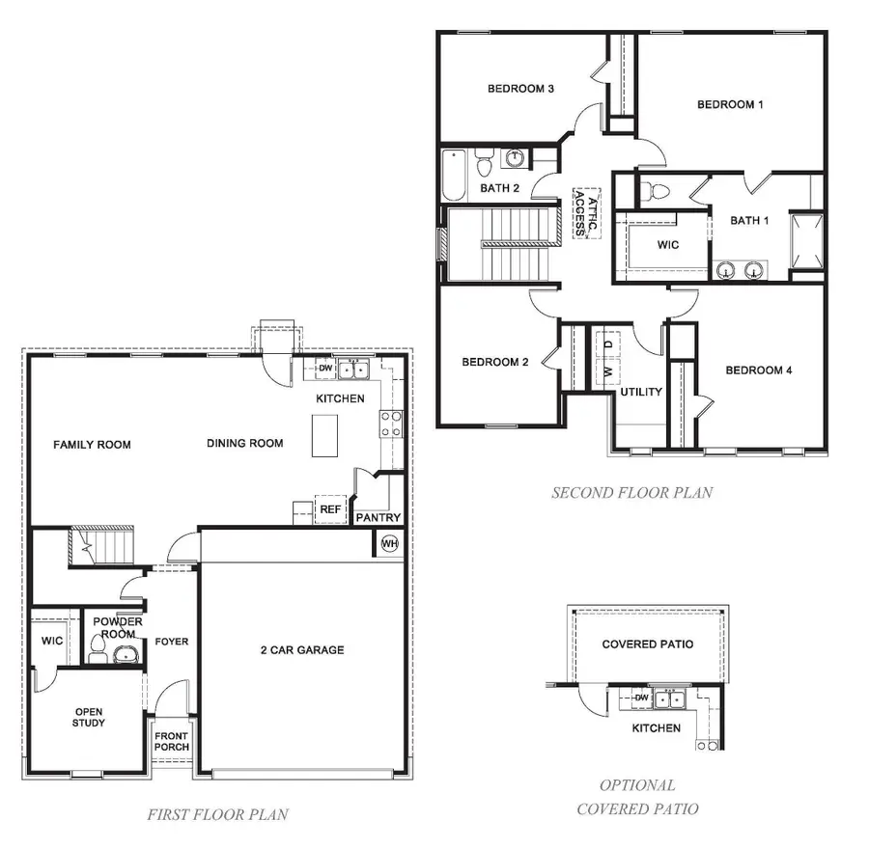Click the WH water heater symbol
pyautogui.click(x=390, y=543)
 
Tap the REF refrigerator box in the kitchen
pyautogui.click(x=330, y=508)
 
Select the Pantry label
pyautogui.click(x=378, y=518)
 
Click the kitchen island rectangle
pyautogui.click(x=325, y=436)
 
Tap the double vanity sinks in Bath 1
pyautogui.click(x=741, y=269)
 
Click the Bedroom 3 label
pyautogui.click(x=520, y=90)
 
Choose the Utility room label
pyautogui.click(x=641, y=392)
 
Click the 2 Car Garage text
pyautogui.click(x=302, y=650)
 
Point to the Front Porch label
pyautogui.click(x=173, y=740)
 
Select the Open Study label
pyautogui.click(x=89, y=717)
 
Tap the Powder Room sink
pyautogui.click(x=125, y=656)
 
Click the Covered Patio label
pyautogui.click(x=647, y=644)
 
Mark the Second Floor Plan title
pyautogui.click(x=631, y=492)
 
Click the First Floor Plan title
pyautogui.click(x=217, y=814)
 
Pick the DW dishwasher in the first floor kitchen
pyautogui.click(x=325, y=369)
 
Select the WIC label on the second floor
pyautogui.click(x=667, y=245)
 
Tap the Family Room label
pyautogui.click(x=92, y=445)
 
